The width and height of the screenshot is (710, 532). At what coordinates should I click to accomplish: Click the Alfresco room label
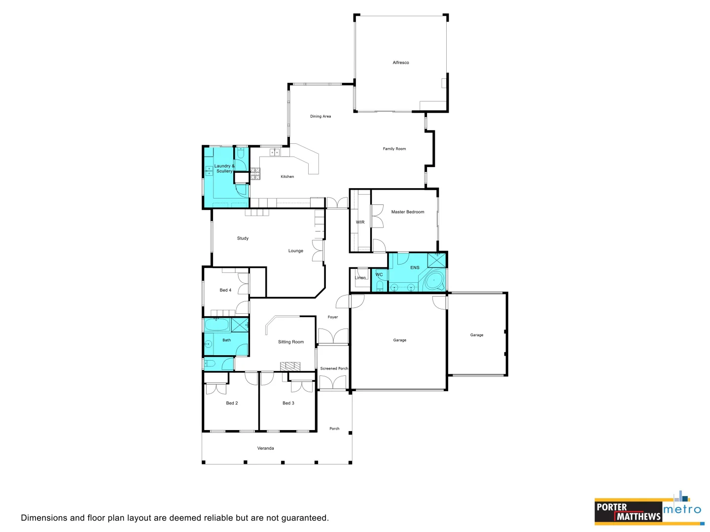tap(400, 63)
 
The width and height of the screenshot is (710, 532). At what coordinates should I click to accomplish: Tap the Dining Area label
tap(320, 116)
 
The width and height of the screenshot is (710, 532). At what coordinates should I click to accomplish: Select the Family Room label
tap(394, 149)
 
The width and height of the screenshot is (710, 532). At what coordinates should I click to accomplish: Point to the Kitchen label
tap(287, 176)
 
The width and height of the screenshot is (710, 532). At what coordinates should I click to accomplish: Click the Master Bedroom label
tap(407, 212)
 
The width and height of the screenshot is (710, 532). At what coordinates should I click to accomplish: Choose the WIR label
tap(360, 222)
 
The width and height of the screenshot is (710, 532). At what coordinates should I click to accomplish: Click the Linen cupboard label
tap(360, 278)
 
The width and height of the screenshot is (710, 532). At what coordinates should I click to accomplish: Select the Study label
tap(243, 238)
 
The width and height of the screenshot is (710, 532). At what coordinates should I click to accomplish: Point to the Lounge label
tap(296, 251)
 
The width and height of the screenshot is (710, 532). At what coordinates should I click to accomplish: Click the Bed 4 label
tap(225, 290)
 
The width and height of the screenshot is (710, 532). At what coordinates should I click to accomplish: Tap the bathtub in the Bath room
tap(216, 325)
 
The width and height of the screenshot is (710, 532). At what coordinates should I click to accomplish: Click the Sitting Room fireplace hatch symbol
tap(290, 366)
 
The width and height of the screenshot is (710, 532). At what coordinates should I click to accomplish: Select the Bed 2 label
tap(232, 403)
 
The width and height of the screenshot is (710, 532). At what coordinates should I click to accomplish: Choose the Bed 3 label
tap(288, 403)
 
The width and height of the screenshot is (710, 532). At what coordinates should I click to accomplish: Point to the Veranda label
tap(265, 448)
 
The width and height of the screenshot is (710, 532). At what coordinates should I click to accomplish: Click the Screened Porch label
tap(334, 368)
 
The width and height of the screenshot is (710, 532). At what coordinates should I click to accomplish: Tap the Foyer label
tap(333, 317)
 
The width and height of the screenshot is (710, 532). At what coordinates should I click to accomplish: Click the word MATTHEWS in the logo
tap(639, 516)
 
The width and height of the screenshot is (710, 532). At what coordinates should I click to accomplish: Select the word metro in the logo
tap(682, 509)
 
